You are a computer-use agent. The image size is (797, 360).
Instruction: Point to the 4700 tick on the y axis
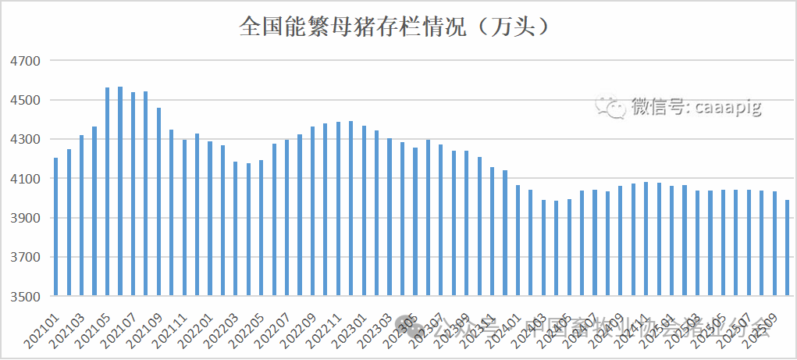tap(23, 61)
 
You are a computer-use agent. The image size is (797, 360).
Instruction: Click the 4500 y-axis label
tap(23, 100)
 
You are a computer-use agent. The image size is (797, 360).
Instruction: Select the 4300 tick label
tap(23, 140)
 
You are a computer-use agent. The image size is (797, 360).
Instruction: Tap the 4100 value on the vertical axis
tap(23, 179)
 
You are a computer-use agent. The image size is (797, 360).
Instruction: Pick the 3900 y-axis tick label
tap(23, 218)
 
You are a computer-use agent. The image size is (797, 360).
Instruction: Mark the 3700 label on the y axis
tap(23, 258)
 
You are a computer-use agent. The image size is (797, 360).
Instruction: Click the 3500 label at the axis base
tap(23, 297)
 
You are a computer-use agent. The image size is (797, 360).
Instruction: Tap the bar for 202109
tap(158, 202)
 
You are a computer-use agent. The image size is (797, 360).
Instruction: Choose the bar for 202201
tap(210, 219)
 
